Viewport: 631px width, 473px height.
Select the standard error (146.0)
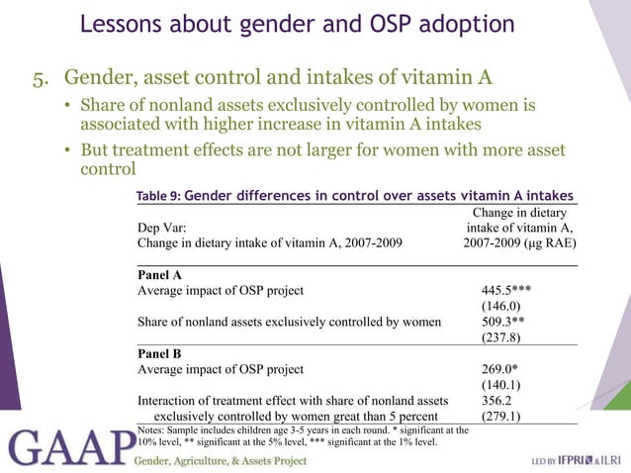[x=501, y=308]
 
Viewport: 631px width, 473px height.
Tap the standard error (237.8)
[x=501, y=337]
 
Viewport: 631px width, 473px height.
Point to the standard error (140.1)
[x=501, y=385]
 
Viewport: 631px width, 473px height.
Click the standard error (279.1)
[x=501, y=417]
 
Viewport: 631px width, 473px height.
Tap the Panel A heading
[x=158, y=275]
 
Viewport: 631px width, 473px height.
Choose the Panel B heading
[x=158, y=353]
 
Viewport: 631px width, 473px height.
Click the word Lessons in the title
[x=120, y=24]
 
